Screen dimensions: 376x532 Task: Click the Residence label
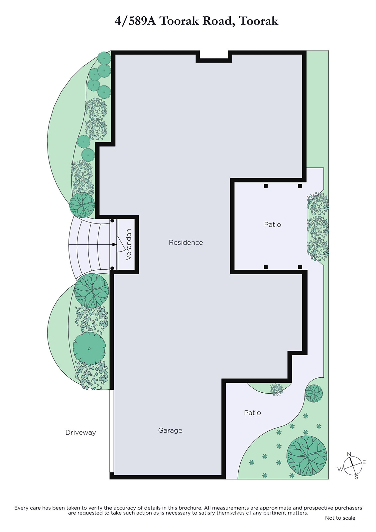[x=186, y=242]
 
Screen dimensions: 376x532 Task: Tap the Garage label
[x=170, y=431]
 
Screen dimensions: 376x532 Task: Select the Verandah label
[x=129, y=244]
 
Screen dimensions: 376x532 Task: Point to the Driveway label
[x=80, y=433]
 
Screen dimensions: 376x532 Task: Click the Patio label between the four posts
[x=272, y=224]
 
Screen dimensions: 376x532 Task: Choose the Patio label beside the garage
[x=252, y=413]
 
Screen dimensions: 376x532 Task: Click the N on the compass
[x=349, y=454]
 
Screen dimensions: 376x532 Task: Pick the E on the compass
[x=364, y=462]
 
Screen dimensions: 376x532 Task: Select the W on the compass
[x=340, y=469]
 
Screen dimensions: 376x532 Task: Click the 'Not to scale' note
[x=340, y=518]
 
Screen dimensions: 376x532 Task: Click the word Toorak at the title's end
[x=259, y=21]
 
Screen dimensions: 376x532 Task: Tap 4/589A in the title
[x=135, y=21]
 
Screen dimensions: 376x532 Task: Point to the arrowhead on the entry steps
[x=114, y=244]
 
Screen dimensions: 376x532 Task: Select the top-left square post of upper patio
[x=266, y=186]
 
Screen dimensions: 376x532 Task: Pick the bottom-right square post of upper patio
[x=300, y=267]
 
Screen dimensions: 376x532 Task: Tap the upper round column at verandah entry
[x=112, y=221]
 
